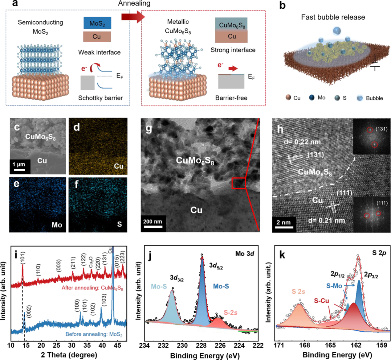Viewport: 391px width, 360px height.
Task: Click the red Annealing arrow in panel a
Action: (x=132, y=17)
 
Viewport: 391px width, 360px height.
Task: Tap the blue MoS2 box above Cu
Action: (x=97, y=23)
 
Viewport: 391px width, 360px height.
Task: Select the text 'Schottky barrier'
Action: (x=100, y=98)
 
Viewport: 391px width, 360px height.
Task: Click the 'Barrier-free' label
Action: (x=231, y=98)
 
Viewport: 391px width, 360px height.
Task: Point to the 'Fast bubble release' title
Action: (x=333, y=17)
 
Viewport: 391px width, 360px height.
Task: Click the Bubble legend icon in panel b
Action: (x=359, y=98)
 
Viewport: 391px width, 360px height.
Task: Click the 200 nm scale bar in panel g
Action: (x=153, y=227)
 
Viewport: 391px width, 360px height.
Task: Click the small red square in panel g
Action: (x=238, y=183)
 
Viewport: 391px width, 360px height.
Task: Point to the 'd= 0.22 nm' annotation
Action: (x=302, y=142)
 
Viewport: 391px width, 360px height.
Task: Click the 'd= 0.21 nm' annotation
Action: (x=327, y=220)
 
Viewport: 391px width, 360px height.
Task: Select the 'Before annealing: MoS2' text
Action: (x=94, y=334)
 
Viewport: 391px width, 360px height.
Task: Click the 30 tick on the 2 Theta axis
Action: (x=71, y=346)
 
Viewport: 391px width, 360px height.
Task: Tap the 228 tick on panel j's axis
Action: (x=202, y=345)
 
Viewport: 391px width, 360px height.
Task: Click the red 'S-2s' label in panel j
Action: (x=230, y=312)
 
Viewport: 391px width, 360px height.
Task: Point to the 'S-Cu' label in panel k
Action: (x=321, y=300)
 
